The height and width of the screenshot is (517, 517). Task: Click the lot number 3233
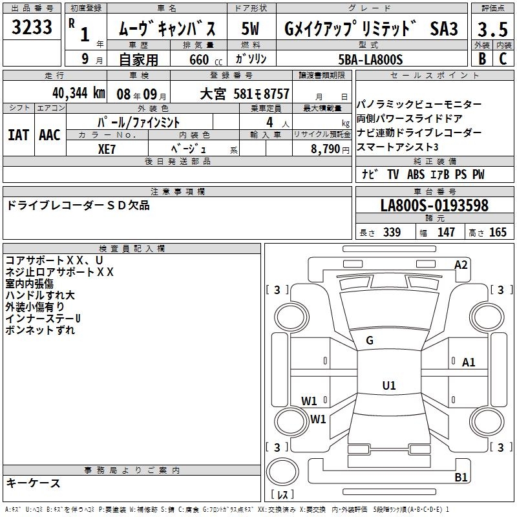pyautogui.click(x=32, y=27)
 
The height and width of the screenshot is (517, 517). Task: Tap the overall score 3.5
pyautogui.click(x=492, y=29)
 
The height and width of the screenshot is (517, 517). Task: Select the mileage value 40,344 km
pyautogui.click(x=78, y=93)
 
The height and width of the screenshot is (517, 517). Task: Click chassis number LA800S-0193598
pyautogui.click(x=434, y=206)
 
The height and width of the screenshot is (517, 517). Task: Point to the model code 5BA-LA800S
pyautogui.click(x=370, y=59)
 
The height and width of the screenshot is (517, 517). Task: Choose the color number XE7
pyautogui.click(x=107, y=149)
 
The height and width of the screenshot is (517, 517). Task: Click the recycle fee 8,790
pyautogui.click(x=326, y=149)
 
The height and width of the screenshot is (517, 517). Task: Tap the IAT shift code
pyautogui.click(x=19, y=135)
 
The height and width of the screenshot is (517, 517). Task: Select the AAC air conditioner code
pyautogui.click(x=50, y=135)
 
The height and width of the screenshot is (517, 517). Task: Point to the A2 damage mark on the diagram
pyautogui.click(x=461, y=265)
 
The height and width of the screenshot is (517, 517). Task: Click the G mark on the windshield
pyautogui.click(x=370, y=341)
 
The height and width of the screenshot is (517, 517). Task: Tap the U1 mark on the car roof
pyautogui.click(x=389, y=385)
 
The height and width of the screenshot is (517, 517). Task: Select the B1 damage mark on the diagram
pyautogui.click(x=461, y=477)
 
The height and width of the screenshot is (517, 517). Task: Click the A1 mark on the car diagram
pyautogui.click(x=469, y=363)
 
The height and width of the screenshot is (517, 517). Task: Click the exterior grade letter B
pyautogui.click(x=482, y=59)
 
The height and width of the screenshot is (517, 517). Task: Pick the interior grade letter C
pyautogui.click(x=503, y=59)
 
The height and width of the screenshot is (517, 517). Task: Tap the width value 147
pyautogui.click(x=446, y=232)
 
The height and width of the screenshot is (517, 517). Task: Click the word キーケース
pyautogui.click(x=34, y=483)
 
